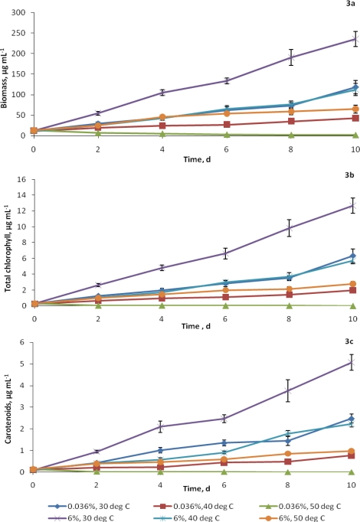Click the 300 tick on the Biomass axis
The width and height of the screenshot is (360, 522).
[18, 13]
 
